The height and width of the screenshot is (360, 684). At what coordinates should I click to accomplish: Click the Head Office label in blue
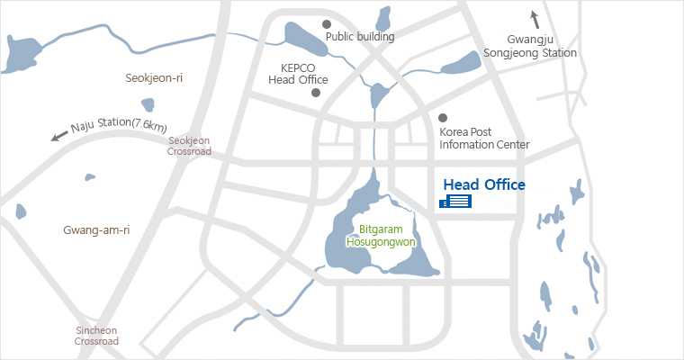484,184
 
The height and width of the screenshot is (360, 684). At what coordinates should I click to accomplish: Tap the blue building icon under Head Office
455,202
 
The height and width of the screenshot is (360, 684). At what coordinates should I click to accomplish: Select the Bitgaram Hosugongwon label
380,235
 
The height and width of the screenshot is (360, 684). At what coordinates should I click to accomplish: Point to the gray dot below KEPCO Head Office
315,94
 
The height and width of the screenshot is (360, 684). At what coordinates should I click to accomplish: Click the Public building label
360,37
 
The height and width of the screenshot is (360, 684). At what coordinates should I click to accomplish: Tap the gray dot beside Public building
327,23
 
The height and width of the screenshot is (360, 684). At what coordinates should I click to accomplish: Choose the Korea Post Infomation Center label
484,139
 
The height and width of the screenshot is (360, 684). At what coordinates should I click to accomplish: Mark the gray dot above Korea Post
442,118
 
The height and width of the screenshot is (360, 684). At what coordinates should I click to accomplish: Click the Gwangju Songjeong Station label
542,47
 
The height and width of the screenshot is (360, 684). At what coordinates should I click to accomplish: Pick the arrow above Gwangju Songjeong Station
534,18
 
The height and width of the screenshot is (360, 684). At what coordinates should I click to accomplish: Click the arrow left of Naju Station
59,137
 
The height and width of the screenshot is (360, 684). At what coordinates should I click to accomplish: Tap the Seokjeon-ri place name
154,78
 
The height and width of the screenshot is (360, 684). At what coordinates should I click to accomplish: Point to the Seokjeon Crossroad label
189,146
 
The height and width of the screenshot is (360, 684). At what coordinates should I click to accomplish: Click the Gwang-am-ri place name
96,229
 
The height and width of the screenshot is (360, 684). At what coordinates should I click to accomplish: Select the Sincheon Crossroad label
96,336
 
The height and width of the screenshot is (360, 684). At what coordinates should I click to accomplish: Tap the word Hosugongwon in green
380,241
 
